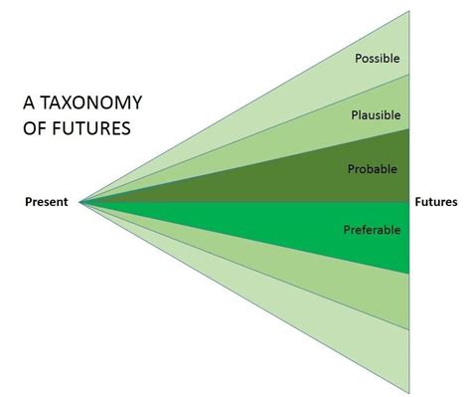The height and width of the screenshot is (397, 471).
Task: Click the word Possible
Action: pos(377,58)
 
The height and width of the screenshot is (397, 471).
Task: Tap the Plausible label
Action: pos(376,114)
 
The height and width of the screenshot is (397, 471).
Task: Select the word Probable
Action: pos(373,169)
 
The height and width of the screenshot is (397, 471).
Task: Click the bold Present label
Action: pos(46,202)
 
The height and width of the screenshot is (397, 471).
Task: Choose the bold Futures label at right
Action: pos(435,202)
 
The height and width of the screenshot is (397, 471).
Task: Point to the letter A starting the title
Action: pos(28,103)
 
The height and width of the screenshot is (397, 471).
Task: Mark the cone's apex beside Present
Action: pos(79,202)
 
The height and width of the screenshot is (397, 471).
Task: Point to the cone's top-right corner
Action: pos(408,12)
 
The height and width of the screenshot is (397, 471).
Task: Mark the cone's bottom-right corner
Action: pos(408,391)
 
